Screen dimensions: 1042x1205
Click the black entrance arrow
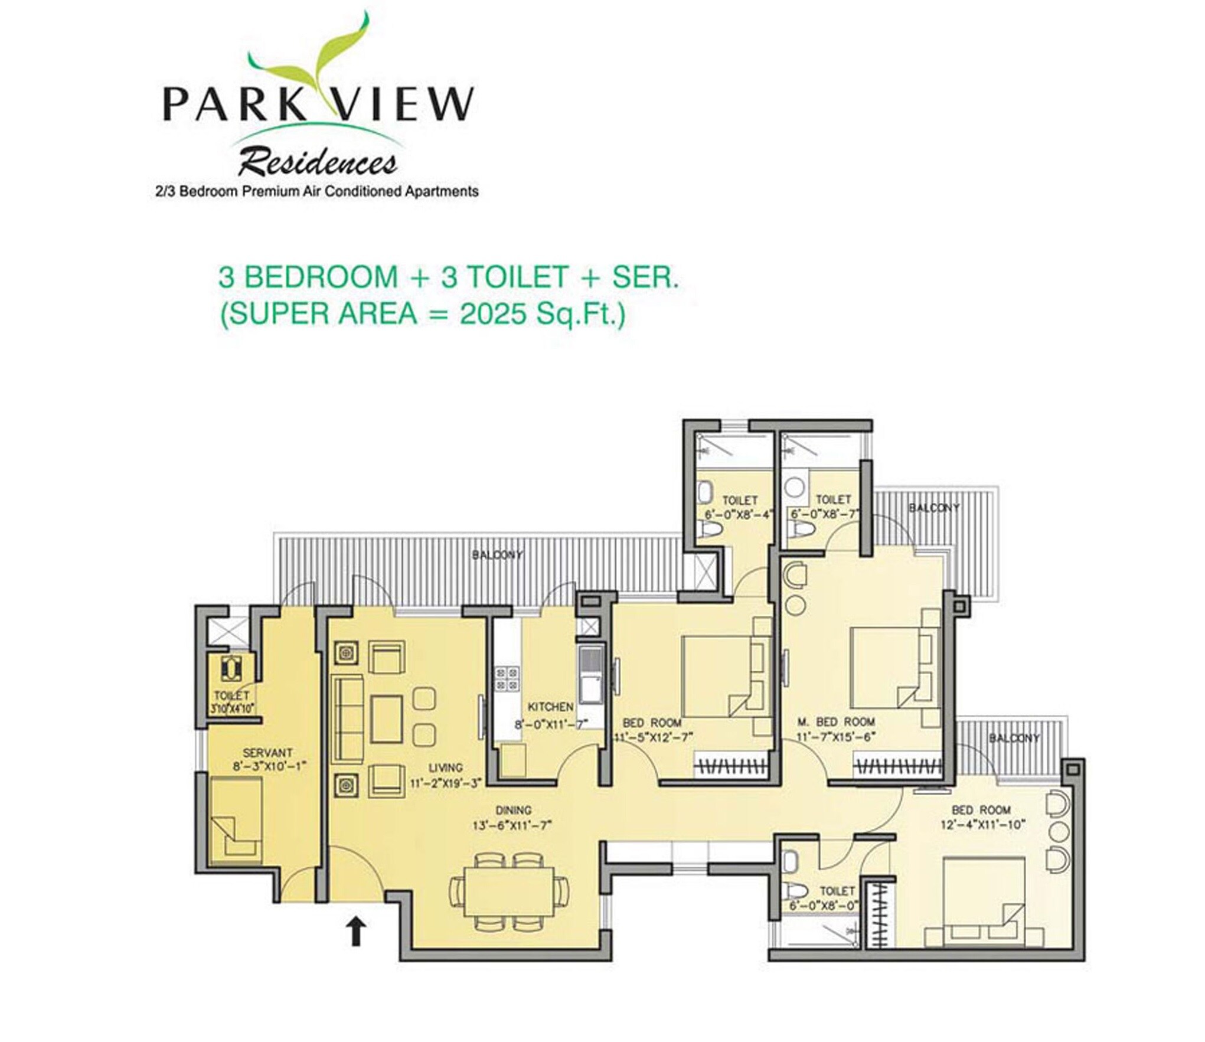point(355,931)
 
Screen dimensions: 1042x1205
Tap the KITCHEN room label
point(550,707)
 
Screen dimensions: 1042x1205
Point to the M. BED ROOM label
point(835,721)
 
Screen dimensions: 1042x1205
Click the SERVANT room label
point(267,753)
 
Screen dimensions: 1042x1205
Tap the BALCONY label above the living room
point(498,554)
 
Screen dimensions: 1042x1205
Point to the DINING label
point(512,810)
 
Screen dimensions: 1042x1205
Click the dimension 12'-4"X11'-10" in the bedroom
point(982,825)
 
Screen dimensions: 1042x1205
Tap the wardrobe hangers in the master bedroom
point(896,767)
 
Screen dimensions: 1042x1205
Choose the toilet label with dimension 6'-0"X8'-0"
point(824,904)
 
